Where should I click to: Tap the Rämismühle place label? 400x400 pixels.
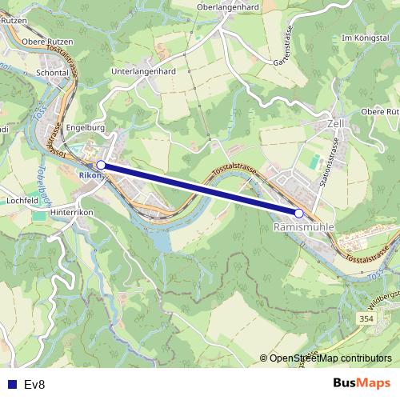click(x=303, y=227)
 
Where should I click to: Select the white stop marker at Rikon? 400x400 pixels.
click(x=101, y=164)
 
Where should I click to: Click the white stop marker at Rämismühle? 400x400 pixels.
click(x=299, y=213)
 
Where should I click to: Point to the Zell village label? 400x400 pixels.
click(x=336, y=125)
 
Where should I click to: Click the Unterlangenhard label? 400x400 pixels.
click(x=144, y=71)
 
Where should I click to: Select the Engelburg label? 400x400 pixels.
click(x=86, y=126)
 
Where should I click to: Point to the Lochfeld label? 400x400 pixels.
click(x=22, y=200)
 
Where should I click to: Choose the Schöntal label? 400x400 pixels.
click(x=53, y=71)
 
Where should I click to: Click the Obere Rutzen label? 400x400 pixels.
click(x=48, y=42)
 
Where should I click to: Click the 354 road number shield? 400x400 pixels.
click(x=366, y=319)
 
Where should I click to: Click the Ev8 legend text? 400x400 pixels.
click(x=34, y=384)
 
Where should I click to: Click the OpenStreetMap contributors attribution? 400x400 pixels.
click(x=330, y=358)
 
